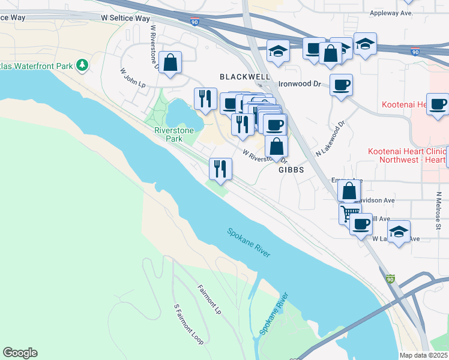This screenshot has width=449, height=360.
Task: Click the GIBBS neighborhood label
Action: pyautogui.click(x=291, y=170)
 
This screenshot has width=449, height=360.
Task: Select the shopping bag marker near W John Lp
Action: pyautogui.click(x=170, y=62)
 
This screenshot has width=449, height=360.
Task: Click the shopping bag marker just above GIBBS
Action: pyautogui.click(x=276, y=146)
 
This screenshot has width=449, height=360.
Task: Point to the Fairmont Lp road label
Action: pyautogui.click(x=209, y=299)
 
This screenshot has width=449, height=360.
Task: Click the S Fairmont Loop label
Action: pyautogui.click(x=188, y=324)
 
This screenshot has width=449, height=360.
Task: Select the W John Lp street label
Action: pyautogui.click(x=133, y=78)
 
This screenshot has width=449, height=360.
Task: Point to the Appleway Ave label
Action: pyautogui.click(x=393, y=13)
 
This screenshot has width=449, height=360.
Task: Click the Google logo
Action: pyautogui.click(x=20, y=353)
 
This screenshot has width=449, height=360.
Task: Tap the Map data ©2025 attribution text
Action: pyautogui.click(x=423, y=355)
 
